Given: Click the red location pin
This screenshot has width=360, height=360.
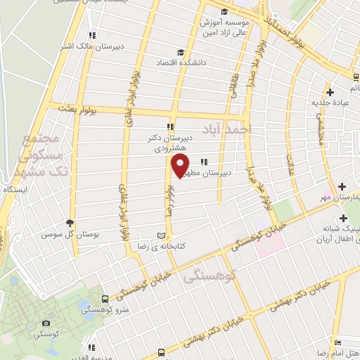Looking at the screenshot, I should point(181,165).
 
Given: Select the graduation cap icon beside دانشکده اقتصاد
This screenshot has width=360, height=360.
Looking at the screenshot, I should point(181,53).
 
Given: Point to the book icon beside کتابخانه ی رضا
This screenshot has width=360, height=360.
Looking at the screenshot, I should point(163,234).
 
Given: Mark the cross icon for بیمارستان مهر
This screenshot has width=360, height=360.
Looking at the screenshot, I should point(342,186).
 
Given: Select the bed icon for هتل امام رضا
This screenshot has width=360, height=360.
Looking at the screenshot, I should point(337,345).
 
